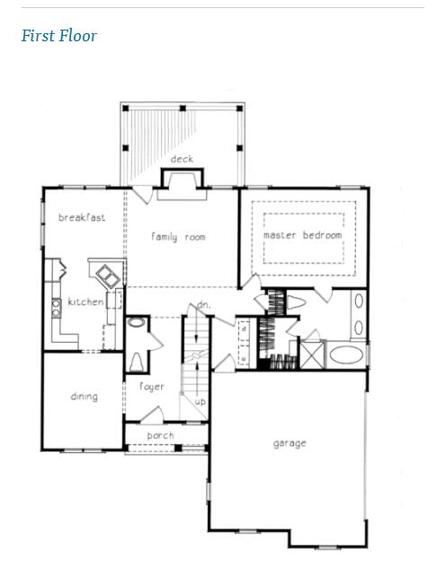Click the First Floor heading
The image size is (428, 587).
58,37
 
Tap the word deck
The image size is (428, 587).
183,160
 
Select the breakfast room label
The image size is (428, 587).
82,217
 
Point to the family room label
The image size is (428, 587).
178,237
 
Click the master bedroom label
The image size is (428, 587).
303,235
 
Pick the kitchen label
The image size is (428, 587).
85,302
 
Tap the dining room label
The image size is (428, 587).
84,396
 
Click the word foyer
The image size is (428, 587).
152,387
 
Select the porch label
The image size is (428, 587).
161,435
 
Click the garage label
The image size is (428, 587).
290,442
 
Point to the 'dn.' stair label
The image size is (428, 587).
204,306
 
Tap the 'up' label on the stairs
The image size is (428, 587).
201,401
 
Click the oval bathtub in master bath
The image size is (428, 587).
346,354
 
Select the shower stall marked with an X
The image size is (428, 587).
312,353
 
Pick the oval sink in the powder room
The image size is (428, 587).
137,324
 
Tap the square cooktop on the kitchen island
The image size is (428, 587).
102,274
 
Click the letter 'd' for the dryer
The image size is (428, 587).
244,329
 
